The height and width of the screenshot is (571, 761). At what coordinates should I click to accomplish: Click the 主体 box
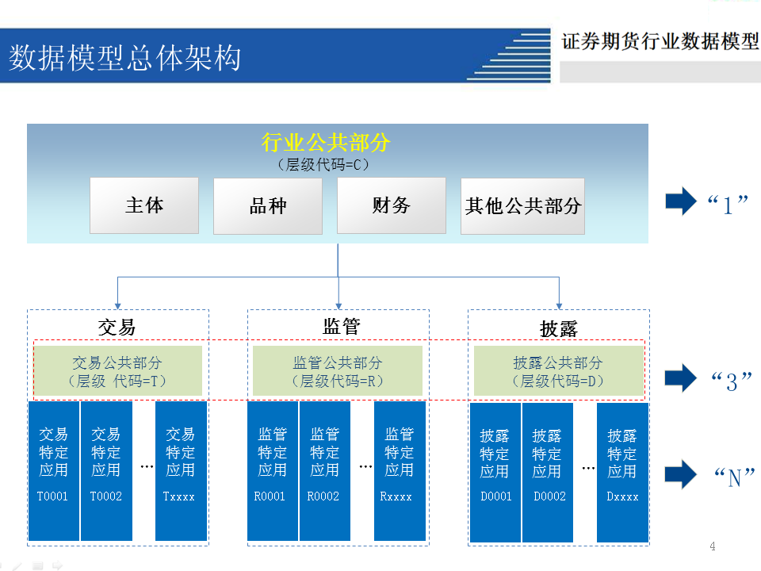[143, 205]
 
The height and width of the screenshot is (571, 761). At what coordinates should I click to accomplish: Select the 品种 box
[268, 205]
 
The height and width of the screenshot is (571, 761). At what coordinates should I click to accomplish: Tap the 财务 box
[392, 205]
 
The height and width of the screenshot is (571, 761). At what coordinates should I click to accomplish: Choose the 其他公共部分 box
[523, 205]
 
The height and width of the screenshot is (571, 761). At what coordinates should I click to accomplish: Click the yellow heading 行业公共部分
[326, 143]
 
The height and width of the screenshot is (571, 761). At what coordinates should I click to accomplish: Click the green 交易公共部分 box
[117, 372]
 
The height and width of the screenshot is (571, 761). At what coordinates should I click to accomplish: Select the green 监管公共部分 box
[338, 372]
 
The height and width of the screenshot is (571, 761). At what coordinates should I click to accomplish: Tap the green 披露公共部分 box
[558, 372]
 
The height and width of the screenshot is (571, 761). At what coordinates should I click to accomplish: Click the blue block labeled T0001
[54, 471]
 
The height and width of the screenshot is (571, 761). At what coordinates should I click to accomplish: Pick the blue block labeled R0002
[324, 471]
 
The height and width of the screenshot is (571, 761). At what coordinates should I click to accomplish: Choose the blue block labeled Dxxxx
[622, 473]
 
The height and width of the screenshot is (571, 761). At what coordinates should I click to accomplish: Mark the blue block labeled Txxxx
[181, 471]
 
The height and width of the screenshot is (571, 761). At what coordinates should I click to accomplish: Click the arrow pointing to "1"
[680, 202]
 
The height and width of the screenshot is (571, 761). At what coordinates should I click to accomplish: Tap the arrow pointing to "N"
[680, 474]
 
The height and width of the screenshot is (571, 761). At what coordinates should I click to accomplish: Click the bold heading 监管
[342, 326]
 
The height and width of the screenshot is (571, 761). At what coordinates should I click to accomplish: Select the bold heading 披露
[559, 328]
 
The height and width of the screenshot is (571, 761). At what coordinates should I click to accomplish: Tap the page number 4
[712, 546]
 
